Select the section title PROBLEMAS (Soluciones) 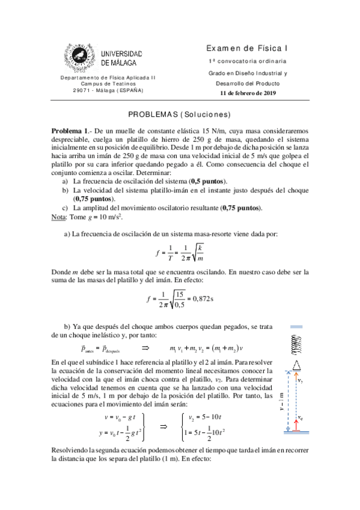(x=180, y=115)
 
